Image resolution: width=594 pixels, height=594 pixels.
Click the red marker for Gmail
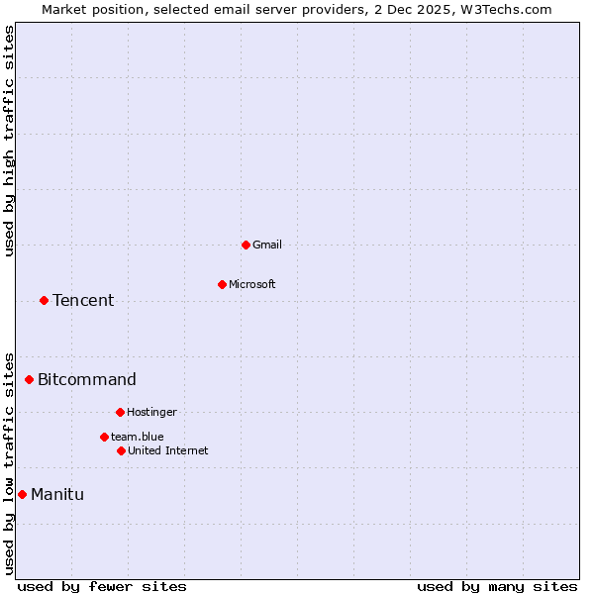pyautogui.click(x=246, y=245)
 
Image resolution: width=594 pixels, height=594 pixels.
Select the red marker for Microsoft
pyautogui.click(x=222, y=284)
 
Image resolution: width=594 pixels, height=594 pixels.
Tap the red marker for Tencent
pyautogui.click(x=44, y=300)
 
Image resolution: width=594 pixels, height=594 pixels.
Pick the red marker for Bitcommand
pyautogui.click(x=29, y=379)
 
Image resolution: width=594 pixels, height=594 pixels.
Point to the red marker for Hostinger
pyautogui.click(x=120, y=412)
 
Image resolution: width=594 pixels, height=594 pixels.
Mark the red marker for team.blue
pyautogui.click(x=104, y=437)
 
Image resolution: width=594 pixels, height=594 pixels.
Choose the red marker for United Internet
pyautogui.click(x=121, y=450)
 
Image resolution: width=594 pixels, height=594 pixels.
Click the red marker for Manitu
pyautogui.click(x=22, y=494)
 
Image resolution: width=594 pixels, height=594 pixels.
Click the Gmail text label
pyautogui.click(x=267, y=245)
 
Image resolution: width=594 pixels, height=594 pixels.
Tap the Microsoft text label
pyautogui.click(x=252, y=284)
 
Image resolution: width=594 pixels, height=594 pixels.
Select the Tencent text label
pyautogui.click(x=83, y=300)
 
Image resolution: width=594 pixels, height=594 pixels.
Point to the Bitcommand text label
pyautogui.click(x=87, y=379)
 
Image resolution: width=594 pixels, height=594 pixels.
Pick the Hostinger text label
pyautogui.click(x=151, y=412)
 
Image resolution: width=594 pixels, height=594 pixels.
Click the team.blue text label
pyautogui.click(x=138, y=437)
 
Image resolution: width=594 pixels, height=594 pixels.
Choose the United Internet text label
pyautogui.click(x=168, y=450)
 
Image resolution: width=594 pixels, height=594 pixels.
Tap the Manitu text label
pyautogui.click(x=57, y=494)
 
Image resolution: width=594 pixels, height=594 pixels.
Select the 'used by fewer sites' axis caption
pyautogui.click(x=102, y=586)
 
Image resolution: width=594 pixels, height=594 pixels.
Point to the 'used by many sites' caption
pyautogui.click(x=497, y=586)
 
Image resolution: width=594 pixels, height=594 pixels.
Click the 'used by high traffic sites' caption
pyautogui.click(x=9, y=141)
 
